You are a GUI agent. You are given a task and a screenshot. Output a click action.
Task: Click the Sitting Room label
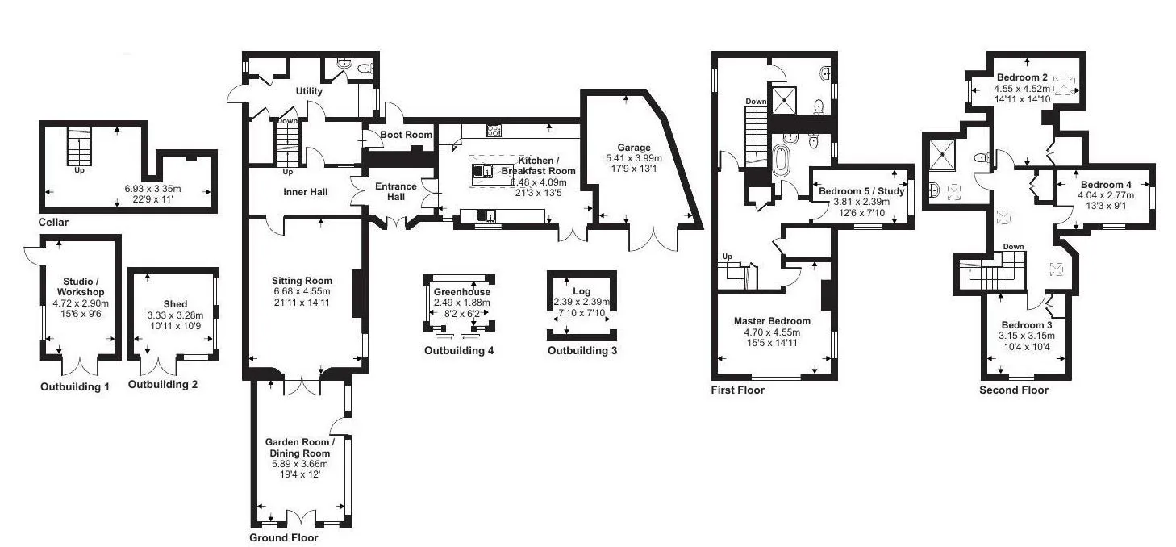click(302, 281)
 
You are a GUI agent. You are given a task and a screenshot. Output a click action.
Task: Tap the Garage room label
click(634, 148)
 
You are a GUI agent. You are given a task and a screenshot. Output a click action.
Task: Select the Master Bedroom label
click(772, 321)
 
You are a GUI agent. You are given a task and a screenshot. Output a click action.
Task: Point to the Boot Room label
click(406, 135)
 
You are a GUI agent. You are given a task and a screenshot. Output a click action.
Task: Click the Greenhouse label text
click(462, 292)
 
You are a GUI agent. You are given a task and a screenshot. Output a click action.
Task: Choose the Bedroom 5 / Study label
click(861, 191)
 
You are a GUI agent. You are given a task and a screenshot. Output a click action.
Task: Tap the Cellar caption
click(53, 222)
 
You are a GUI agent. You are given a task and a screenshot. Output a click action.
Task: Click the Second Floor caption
click(1014, 390)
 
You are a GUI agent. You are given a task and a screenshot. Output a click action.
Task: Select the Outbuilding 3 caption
click(582, 350)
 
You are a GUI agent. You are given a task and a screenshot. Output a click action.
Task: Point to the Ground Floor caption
click(283, 537)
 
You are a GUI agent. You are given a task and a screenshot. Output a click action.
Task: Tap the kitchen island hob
click(482, 171)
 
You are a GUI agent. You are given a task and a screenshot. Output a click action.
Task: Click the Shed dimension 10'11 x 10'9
click(175, 326)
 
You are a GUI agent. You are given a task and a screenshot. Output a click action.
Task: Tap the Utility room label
click(309, 91)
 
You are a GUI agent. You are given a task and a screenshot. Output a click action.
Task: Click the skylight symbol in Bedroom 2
click(1064, 86)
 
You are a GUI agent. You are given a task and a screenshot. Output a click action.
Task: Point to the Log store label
click(582, 290)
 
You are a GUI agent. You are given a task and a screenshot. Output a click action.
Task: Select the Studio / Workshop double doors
click(81, 366)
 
